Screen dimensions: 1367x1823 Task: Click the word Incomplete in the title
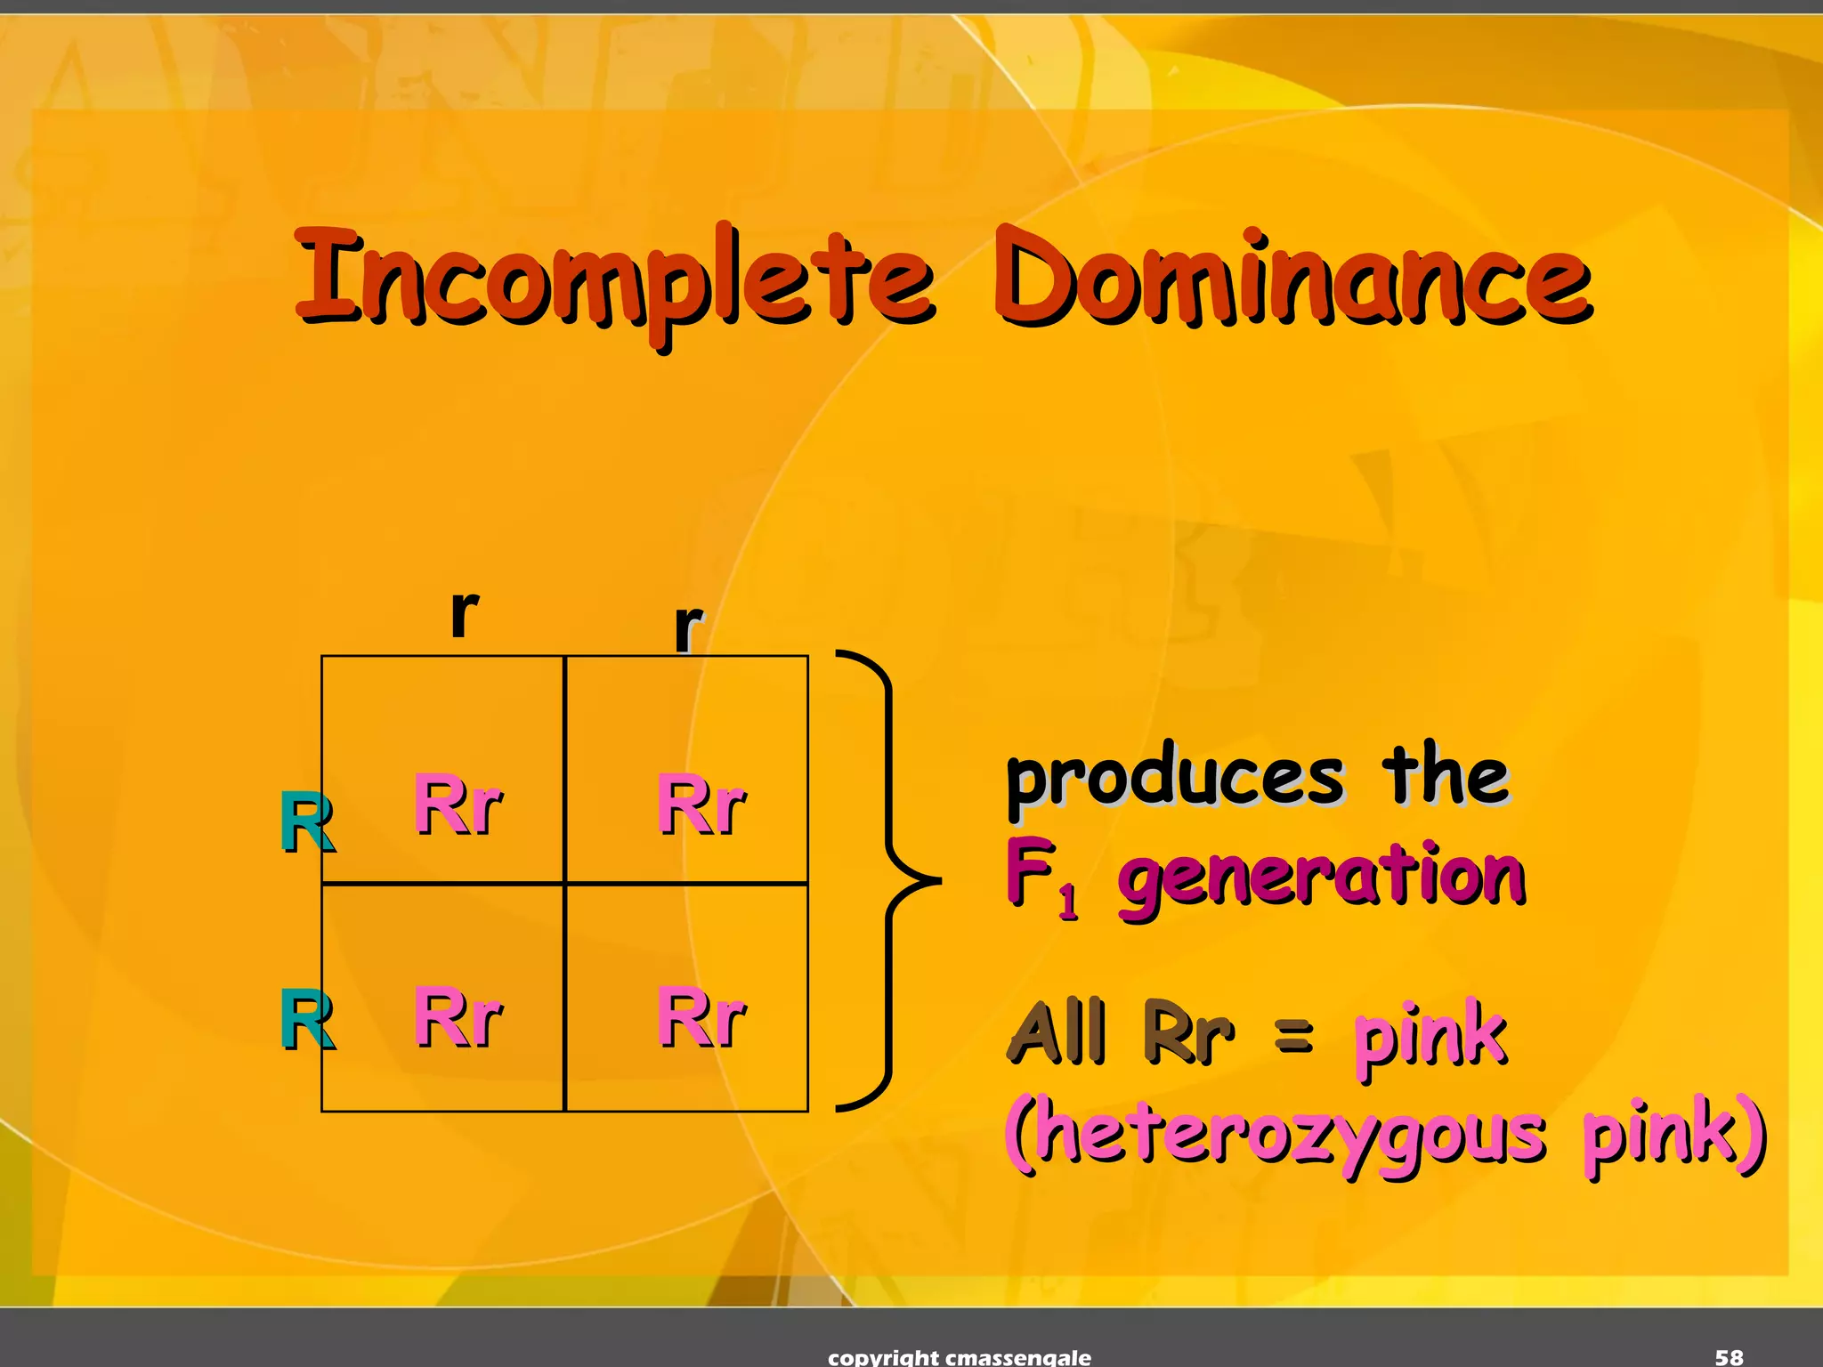[614, 280]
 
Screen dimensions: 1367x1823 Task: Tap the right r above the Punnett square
[688, 627]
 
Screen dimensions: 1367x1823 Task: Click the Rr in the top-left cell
[458, 805]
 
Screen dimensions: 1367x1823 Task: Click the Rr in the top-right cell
[701, 805]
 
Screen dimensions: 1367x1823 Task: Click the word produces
[1175, 779]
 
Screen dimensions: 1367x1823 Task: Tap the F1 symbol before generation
[1041, 877]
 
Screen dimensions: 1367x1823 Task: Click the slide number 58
[1729, 1356]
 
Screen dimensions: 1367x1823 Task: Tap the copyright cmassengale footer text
[959, 1357]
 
